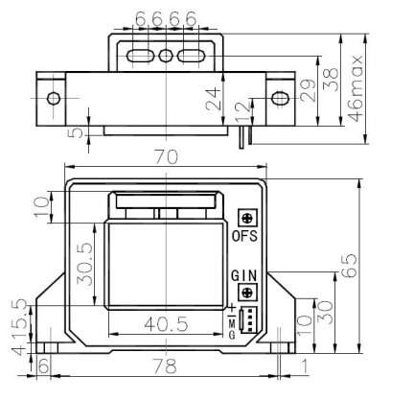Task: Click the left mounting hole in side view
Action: [54, 98]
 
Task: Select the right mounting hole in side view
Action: [280, 98]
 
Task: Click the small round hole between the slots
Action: [166, 56]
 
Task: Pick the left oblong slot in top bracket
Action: [141, 56]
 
